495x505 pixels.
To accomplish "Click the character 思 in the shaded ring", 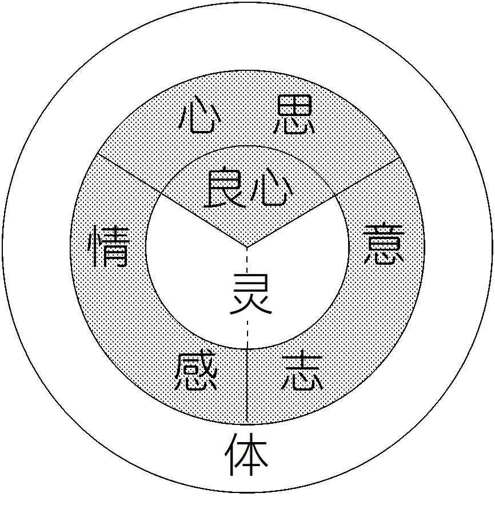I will [x=294, y=115].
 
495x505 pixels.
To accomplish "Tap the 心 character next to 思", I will [x=197, y=117].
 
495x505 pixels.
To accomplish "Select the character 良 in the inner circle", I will [x=222, y=188].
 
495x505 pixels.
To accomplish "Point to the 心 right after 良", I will [x=268, y=188].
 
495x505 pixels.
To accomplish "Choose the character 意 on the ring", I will [x=384, y=244].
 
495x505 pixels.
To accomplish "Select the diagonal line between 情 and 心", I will [x=129, y=175].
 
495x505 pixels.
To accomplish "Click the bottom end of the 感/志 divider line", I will [x=247, y=424].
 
